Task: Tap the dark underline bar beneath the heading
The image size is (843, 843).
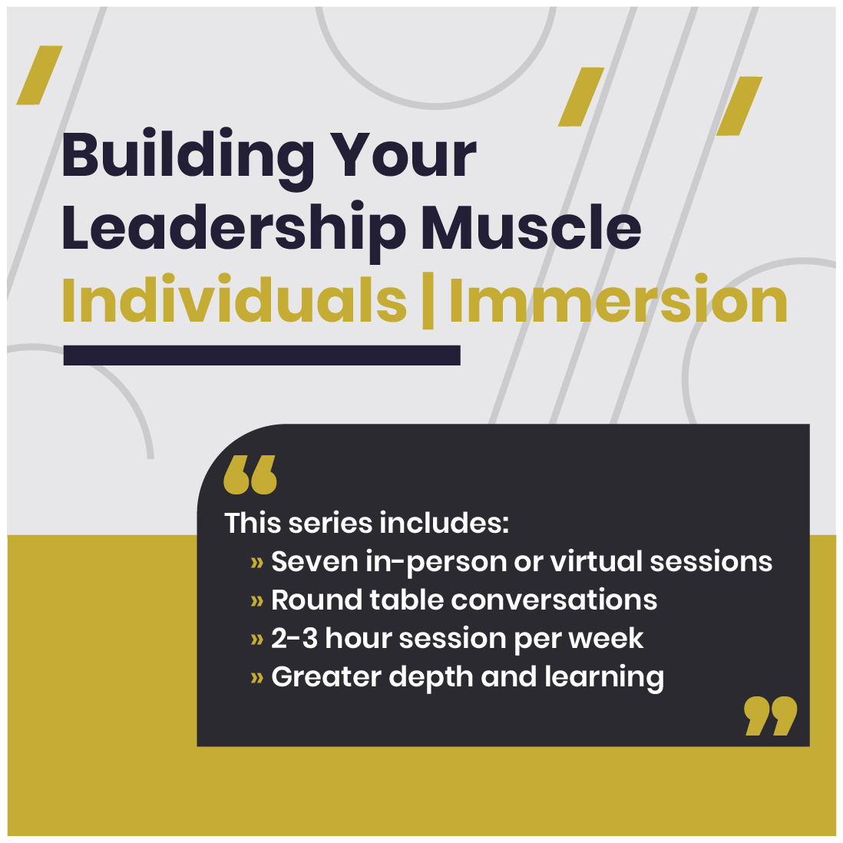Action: tap(262, 355)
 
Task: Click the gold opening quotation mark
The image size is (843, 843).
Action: tap(250, 474)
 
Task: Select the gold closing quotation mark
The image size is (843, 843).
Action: tap(770, 716)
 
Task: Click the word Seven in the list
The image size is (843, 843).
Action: tap(315, 562)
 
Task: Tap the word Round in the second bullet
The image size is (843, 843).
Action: tap(316, 600)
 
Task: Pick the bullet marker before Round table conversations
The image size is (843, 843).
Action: tap(257, 601)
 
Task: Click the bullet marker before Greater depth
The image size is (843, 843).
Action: tap(257, 678)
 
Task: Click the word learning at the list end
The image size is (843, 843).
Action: tap(604, 678)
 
